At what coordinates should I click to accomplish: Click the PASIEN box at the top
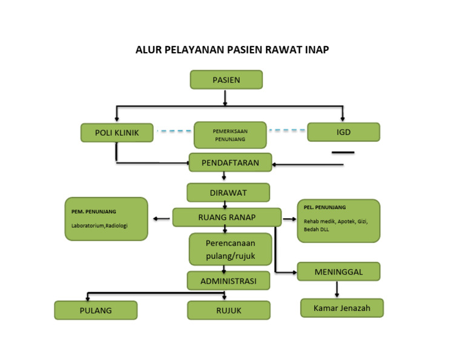[226, 80]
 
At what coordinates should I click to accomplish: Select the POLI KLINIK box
[117, 133]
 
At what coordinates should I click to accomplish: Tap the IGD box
[343, 132]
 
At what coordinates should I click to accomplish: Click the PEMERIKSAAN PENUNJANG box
[230, 135]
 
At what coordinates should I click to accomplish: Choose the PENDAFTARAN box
[230, 162]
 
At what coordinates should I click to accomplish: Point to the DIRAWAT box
[228, 192]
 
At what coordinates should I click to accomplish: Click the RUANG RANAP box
[227, 217]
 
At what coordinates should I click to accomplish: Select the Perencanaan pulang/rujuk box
[230, 249]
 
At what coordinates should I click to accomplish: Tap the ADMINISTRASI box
[228, 281]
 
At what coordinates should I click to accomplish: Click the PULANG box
[96, 310]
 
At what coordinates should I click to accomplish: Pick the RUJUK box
[228, 310]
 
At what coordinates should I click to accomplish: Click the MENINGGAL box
[338, 272]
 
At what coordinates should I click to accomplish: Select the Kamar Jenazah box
[342, 308]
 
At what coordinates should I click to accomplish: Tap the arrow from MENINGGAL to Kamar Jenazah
[337, 289]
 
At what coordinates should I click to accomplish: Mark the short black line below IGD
[343, 152]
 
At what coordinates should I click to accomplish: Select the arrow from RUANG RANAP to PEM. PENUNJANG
[161, 218]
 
